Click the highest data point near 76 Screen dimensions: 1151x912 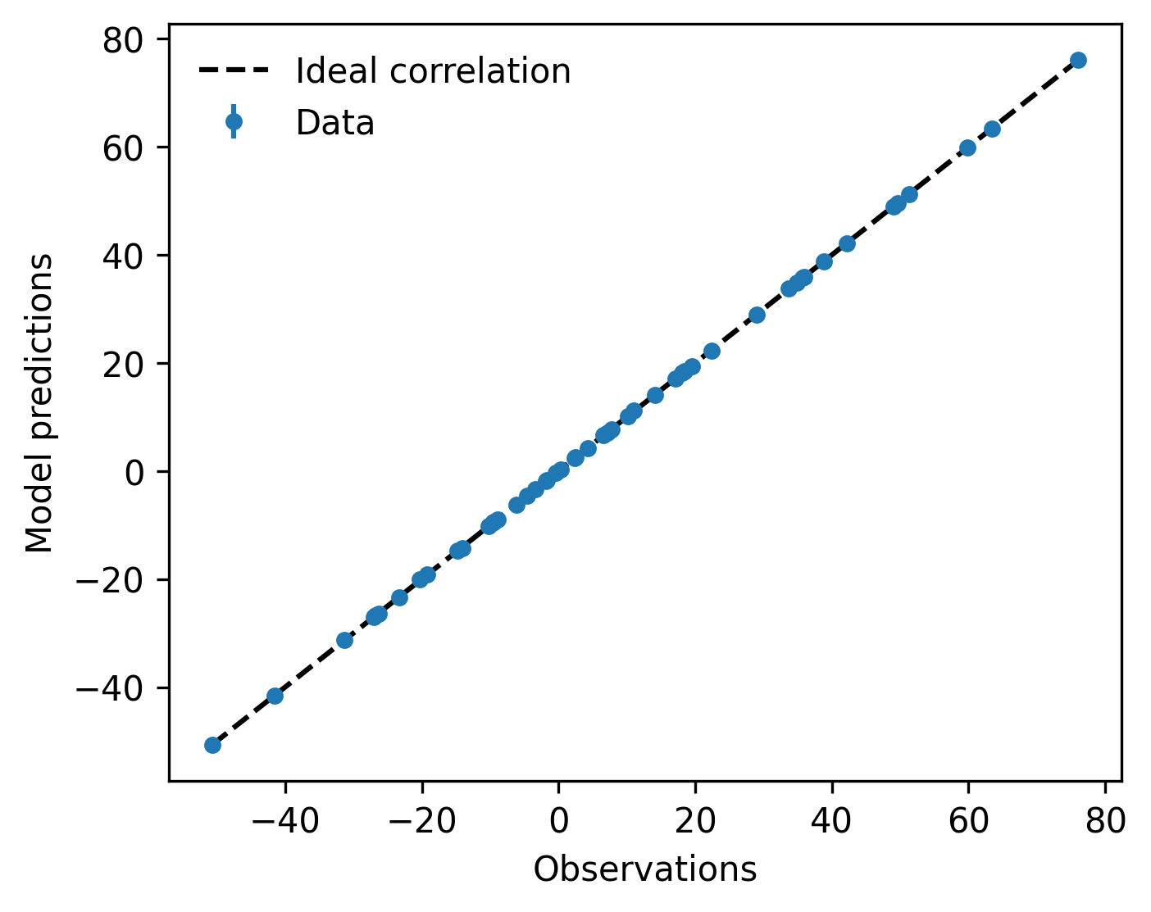(1078, 61)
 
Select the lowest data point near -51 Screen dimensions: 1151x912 (213, 745)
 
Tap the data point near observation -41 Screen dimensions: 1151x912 (275, 696)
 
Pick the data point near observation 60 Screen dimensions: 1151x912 (967, 148)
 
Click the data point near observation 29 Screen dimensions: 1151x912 (757, 315)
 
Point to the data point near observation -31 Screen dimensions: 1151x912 (345, 641)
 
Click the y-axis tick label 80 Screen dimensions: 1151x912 (123, 41)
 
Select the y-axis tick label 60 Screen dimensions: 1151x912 (123, 148)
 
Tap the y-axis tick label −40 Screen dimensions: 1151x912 (110, 689)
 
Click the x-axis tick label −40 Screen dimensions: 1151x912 (285, 821)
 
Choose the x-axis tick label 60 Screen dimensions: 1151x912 (968, 821)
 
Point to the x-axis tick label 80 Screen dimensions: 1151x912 (1105, 821)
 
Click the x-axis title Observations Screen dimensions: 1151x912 (645, 869)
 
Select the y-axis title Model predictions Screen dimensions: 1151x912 (39, 403)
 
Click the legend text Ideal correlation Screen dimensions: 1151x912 (433, 71)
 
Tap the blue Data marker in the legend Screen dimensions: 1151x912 (234, 122)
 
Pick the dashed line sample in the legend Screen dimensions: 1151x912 (234, 70)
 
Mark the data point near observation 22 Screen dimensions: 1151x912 (712, 352)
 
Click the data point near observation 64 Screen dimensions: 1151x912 (992, 129)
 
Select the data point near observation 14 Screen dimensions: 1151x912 (655, 396)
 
